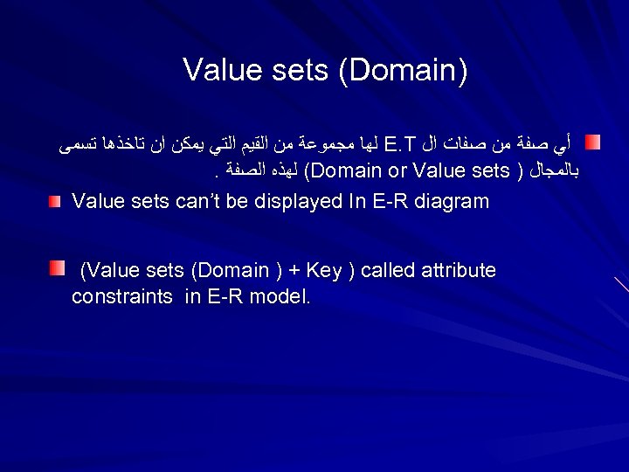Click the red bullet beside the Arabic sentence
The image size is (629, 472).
(x=593, y=141)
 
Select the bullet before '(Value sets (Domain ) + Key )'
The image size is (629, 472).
(x=57, y=267)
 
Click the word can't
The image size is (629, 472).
(x=201, y=202)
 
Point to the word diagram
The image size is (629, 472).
(x=452, y=202)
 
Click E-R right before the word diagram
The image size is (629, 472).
(x=391, y=202)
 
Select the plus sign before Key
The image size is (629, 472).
(x=288, y=271)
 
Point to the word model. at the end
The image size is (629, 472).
(x=280, y=297)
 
